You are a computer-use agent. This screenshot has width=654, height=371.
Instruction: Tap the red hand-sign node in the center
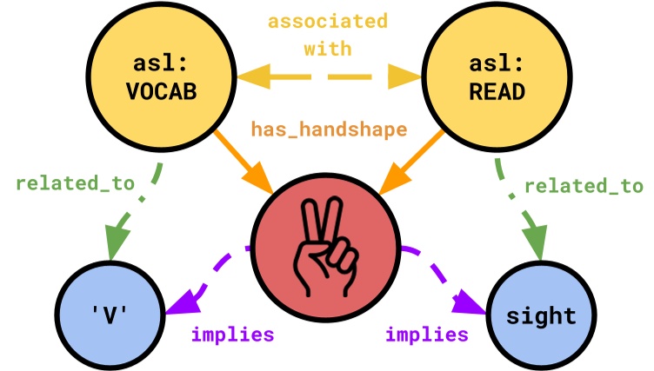point(325,236)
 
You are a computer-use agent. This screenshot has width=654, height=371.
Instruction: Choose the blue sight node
point(541,315)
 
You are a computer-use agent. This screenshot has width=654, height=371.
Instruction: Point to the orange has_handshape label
point(329,129)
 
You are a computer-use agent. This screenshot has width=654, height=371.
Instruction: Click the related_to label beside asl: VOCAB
point(75,183)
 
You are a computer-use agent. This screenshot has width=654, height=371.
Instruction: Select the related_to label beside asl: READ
point(584,186)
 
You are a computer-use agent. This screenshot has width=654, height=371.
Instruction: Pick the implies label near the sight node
point(426,335)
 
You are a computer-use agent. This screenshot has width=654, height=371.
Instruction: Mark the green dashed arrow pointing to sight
point(519,209)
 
